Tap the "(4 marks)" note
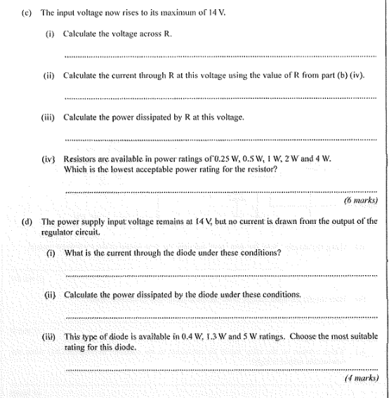(362, 378)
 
